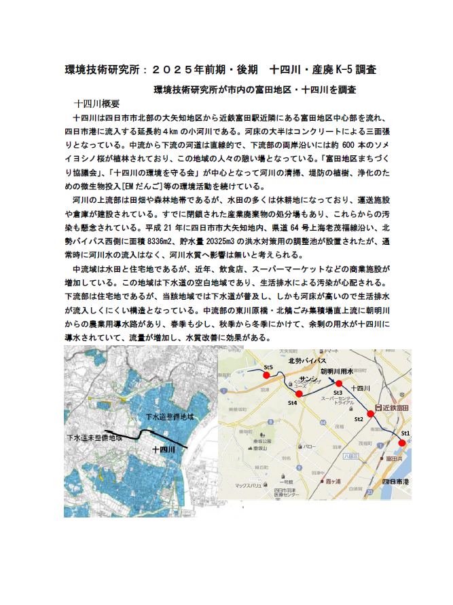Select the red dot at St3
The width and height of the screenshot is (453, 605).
(338, 384)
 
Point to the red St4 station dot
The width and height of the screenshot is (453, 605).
(299, 393)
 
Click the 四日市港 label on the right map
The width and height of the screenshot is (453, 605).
(395, 480)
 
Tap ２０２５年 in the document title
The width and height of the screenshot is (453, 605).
(177, 69)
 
